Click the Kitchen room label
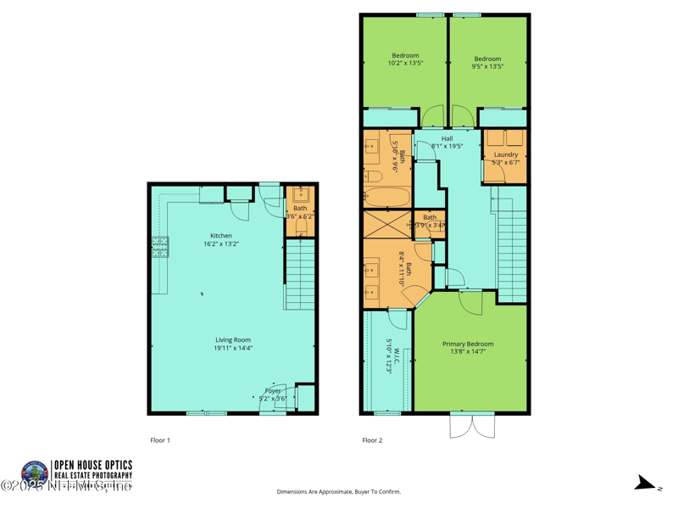click(x=221, y=236)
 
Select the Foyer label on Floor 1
click(x=271, y=390)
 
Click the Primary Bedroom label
click(x=468, y=344)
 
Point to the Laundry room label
click(x=506, y=154)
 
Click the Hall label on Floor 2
click(x=447, y=138)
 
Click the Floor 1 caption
click(x=160, y=440)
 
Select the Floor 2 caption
click(x=372, y=440)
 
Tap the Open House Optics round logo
click(x=36, y=473)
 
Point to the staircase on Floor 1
click(x=300, y=273)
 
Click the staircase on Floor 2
click(x=512, y=246)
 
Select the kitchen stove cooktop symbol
click(x=160, y=246)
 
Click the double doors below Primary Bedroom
click(x=472, y=426)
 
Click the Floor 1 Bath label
click(x=300, y=208)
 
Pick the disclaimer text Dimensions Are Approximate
click(x=338, y=492)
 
